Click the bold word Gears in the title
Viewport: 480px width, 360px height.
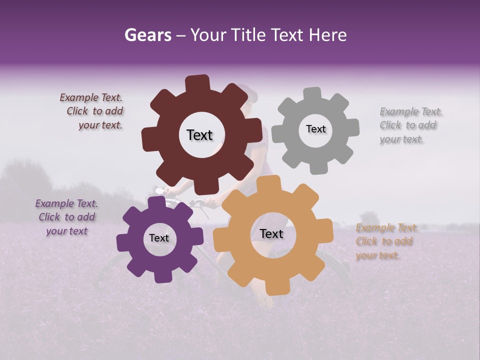tap(147, 35)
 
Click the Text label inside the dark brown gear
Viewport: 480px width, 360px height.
tap(199, 135)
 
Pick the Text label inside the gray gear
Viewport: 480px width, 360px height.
tap(315, 129)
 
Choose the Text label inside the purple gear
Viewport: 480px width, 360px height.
tap(158, 238)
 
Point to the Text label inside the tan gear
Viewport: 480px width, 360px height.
tap(271, 234)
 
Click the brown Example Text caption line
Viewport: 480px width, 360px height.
tap(91, 98)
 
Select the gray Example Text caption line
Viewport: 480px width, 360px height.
tap(411, 112)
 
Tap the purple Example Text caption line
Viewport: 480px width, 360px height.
tap(66, 204)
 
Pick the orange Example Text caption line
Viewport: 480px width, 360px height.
tap(387, 228)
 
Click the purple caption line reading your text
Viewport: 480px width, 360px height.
tap(66, 231)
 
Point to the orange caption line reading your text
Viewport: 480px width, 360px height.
tap(377, 256)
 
